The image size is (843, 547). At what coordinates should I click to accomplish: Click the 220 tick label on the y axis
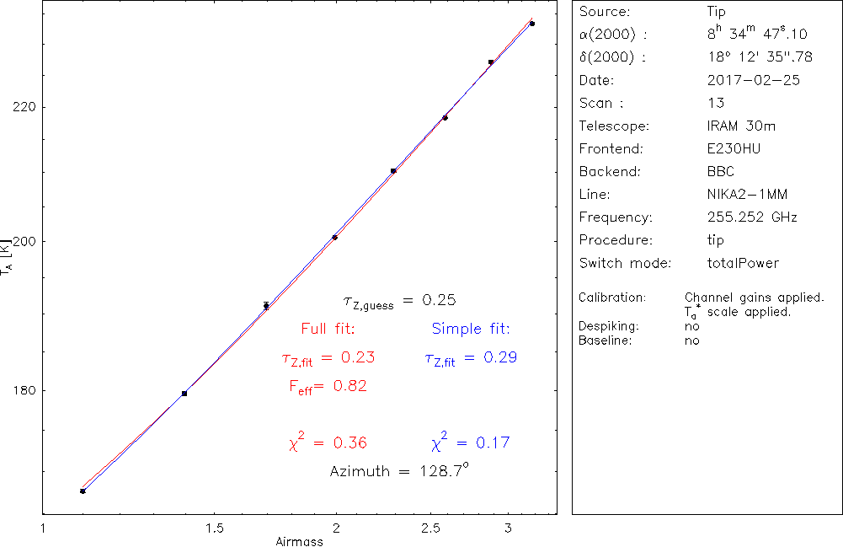21,107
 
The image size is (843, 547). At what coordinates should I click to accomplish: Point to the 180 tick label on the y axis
21,390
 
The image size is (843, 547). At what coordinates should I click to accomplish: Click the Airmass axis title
299,542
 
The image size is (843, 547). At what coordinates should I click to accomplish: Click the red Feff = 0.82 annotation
328,386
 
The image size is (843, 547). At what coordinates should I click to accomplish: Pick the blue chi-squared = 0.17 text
470,442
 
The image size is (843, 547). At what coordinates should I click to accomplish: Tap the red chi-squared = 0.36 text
328,442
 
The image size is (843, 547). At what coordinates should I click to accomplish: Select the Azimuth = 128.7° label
399,470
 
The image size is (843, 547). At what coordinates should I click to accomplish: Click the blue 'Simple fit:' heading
471,328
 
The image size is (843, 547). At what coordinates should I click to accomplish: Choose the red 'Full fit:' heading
328,328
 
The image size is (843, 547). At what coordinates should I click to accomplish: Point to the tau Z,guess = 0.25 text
399,301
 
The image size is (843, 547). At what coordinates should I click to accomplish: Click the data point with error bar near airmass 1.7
266,306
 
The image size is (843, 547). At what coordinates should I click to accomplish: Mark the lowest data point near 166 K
83,491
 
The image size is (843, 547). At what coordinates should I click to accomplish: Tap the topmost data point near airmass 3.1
532,24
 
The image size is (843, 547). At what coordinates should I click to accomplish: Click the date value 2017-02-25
754,81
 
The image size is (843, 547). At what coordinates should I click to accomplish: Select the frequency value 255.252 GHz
752,217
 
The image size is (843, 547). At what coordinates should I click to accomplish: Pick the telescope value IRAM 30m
741,126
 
